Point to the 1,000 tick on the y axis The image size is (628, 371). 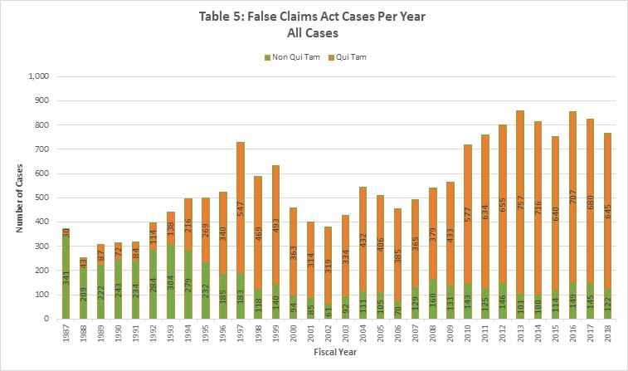click(40, 76)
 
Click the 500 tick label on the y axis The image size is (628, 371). click(43, 198)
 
